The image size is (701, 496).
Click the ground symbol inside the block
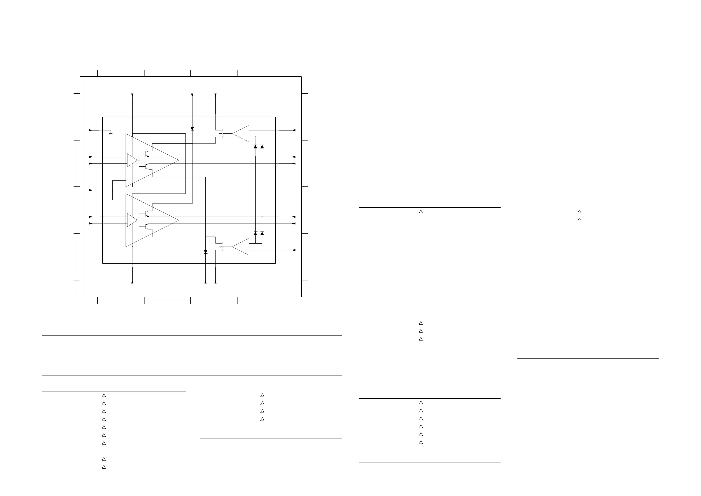[111, 133]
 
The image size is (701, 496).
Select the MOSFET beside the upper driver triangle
[220, 133]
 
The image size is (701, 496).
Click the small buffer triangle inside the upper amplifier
[132, 160]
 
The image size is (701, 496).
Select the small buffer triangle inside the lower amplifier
[132, 220]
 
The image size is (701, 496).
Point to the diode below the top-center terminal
[192, 129]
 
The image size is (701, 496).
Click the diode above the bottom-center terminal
[205, 252]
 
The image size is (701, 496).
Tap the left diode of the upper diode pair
[255, 146]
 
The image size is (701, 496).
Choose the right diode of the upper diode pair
[262, 146]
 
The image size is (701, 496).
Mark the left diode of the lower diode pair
[255, 233]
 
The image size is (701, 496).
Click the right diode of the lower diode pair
[262, 233]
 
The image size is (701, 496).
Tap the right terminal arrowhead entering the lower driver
[294, 250]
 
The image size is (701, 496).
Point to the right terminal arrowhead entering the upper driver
[294, 130]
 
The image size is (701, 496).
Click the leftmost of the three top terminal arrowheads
[132, 95]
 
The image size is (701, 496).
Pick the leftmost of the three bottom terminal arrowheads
[132, 282]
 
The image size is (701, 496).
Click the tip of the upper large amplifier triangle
[178, 160]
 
